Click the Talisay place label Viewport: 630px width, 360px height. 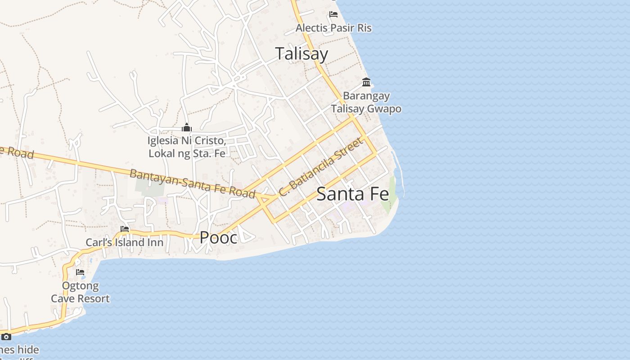pos(301,54)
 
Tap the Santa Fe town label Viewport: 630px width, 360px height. pos(352,194)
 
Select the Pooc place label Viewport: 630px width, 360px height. pos(218,238)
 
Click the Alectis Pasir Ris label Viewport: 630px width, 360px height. pos(333,28)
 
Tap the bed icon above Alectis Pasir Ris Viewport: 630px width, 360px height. pos(333,14)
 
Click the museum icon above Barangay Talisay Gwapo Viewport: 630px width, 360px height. pos(366,82)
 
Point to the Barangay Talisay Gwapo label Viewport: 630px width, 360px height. pos(366,102)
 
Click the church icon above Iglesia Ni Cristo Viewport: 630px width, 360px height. pos(187,128)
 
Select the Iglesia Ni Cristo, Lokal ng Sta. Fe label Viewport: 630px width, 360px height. pos(187,147)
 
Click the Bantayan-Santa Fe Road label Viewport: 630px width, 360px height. pos(192,183)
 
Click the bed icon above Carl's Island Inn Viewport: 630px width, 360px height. pos(125,229)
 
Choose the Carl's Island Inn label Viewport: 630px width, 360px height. pos(125,243)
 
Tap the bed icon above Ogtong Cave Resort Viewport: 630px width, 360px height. pos(80,272)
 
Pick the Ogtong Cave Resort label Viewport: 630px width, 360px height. pos(80,292)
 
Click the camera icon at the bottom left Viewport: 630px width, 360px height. pos(6,337)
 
